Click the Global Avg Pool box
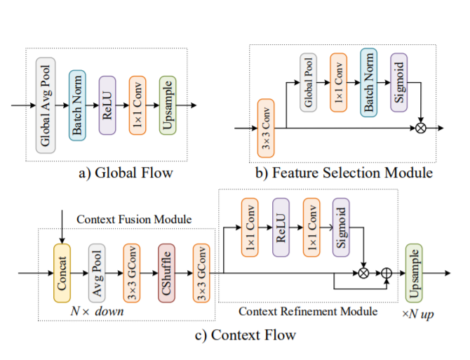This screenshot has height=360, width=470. [x=46, y=105]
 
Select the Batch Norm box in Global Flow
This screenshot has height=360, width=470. [x=77, y=105]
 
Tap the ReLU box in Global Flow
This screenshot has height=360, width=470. [x=107, y=105]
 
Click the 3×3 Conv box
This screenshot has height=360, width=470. [x=266, y=128]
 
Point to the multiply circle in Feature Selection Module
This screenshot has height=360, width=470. [x=420, y=128]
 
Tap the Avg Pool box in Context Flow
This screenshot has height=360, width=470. [x=97, y=273]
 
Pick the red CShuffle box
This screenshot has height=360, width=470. [x=166, y=273]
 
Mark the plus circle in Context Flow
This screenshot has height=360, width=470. [x=386, y=273]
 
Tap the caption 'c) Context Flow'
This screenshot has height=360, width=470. [x=244, y=335]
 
